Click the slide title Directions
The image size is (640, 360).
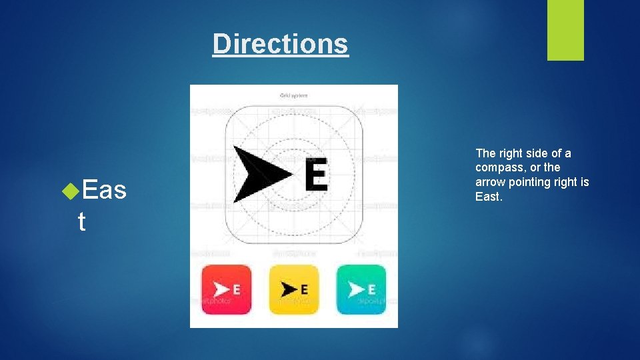(x=280, y=44)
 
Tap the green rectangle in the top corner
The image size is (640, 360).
(x=565, y=29)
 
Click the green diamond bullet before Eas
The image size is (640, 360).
(x=71, y=191)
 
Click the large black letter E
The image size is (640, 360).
(x=315, y=175)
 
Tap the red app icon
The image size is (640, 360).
(x=227, y=289)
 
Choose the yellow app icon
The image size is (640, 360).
(x=294, y=289)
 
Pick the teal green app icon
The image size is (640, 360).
(x=361, y=289)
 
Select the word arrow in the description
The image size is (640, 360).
(x=491, y=182)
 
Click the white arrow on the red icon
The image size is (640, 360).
(x=221, y=289)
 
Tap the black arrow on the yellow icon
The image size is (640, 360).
(x=288, y=289)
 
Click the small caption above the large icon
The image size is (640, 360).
(x=293, y=95)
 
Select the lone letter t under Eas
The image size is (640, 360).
(x=81, y=222)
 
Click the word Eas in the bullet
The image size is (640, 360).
(x=105, y=190)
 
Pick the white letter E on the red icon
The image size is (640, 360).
(x=236, y=289)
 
